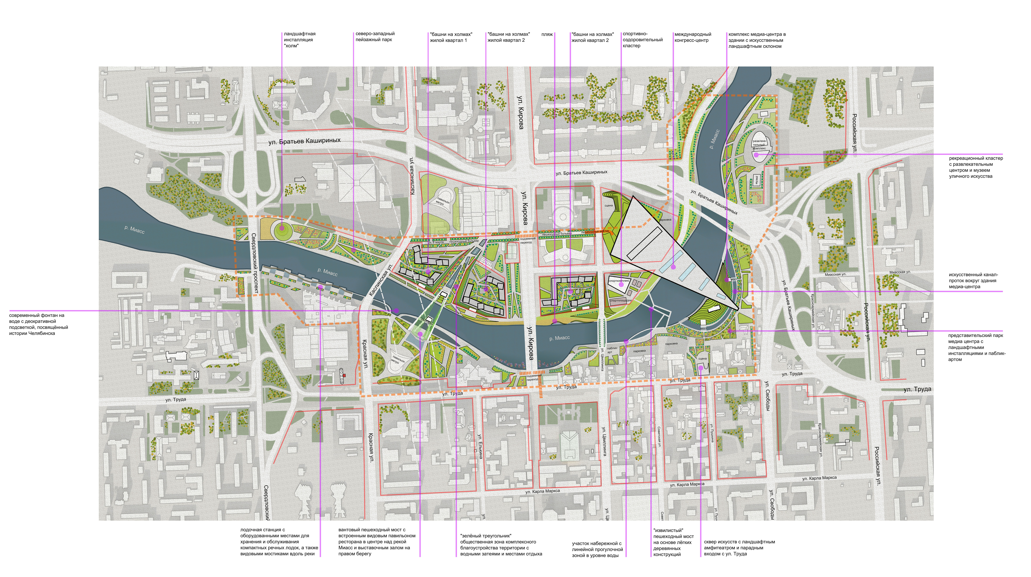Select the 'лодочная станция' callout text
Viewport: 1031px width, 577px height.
coord(279,542)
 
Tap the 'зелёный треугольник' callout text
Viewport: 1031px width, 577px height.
coord(501,545)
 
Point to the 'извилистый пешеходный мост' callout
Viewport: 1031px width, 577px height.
coord(673,542)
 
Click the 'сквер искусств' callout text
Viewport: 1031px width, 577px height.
coord(739,548)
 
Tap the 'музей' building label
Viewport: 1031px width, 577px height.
coord(756,180)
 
